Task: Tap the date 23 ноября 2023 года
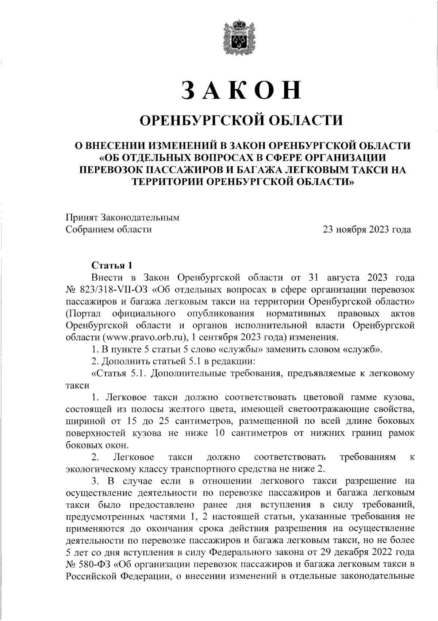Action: (367, 230)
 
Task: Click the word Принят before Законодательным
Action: (81, 218)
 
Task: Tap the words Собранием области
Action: (108, 230)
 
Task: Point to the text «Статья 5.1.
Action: (119, 374)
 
